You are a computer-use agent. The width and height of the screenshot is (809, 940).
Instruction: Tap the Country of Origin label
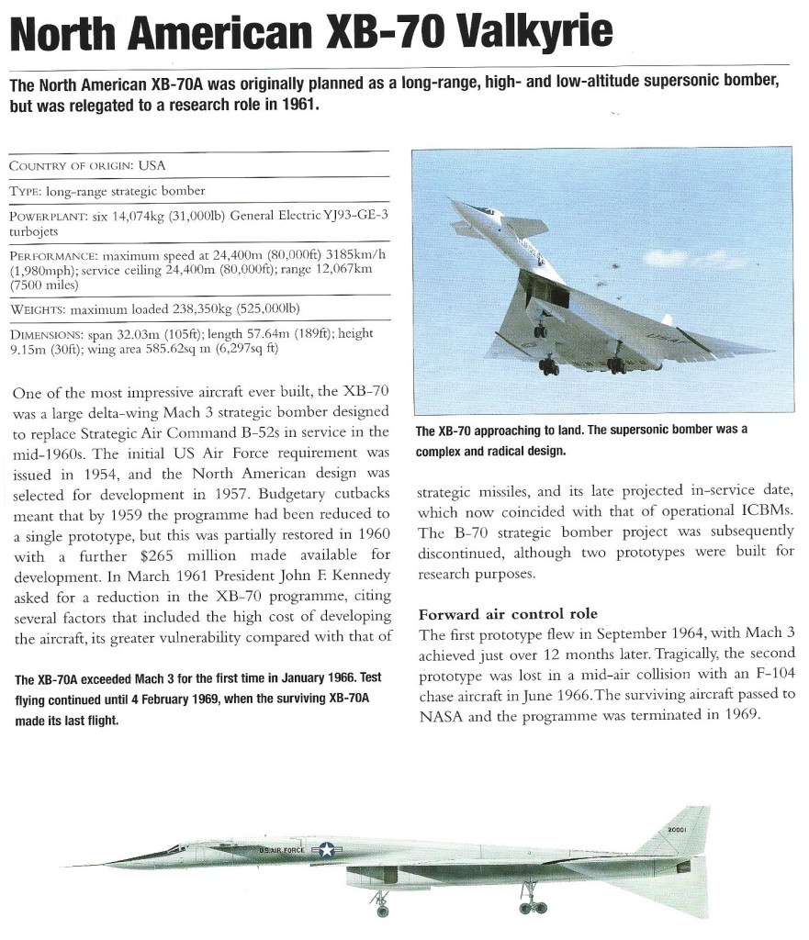point(71,166)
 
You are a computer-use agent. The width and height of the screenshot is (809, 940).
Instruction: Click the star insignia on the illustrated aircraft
point(326,850)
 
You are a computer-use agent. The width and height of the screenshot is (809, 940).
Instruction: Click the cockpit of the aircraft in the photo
point(484,212)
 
